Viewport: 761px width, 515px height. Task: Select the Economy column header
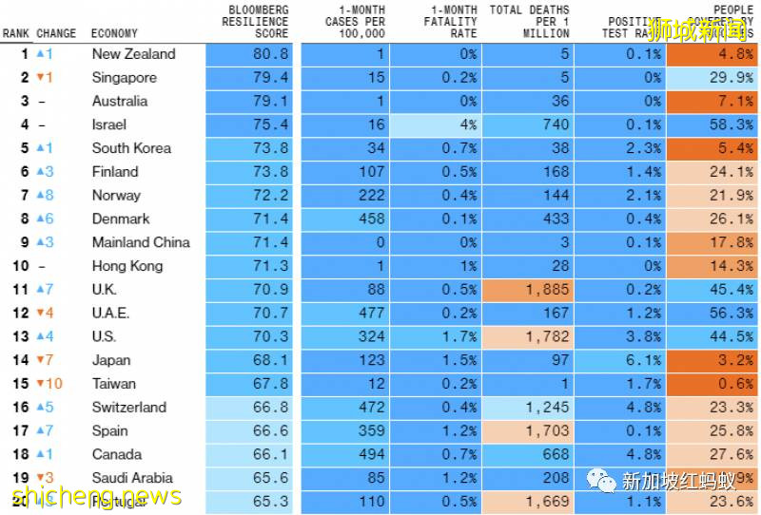coord(114,33)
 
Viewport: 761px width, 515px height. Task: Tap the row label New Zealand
coord(133,54)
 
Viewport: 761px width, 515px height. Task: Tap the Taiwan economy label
coord(114,384)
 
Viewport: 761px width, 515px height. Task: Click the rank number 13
coord(20,336)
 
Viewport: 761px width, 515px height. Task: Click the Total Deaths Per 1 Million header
coord(529,22)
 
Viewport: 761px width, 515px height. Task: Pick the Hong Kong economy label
coord(127,266)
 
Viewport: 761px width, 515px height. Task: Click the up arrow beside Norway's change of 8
coord(40,196)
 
